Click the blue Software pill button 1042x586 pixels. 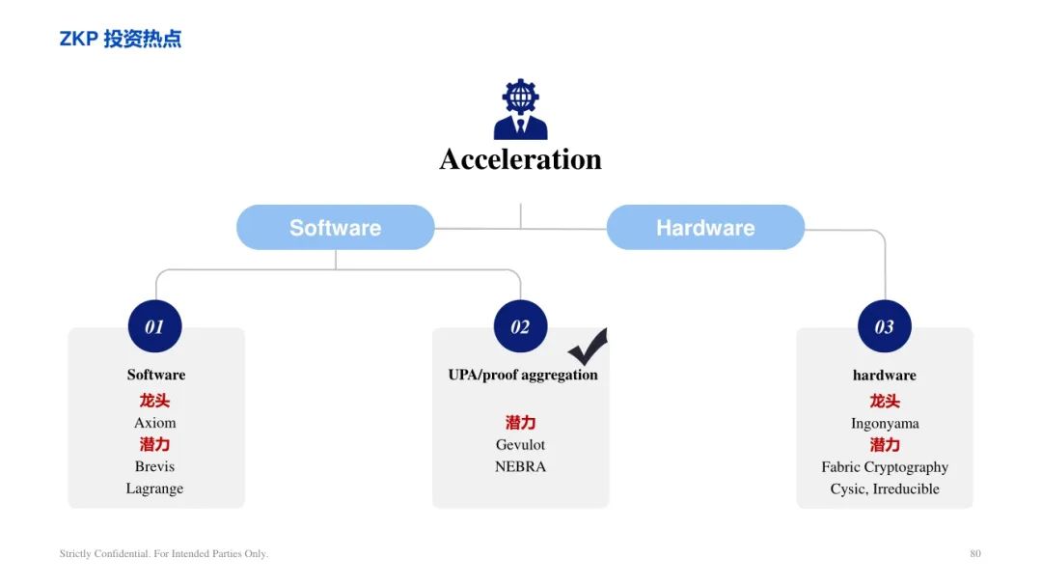click(336, 228)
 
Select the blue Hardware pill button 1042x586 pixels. click(705, 228)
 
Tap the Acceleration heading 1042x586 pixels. click(520, 159)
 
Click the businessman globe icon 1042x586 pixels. click(520, 109)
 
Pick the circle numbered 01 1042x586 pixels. click(154, 326)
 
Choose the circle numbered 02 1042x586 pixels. click(520, 326)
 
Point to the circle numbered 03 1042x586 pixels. click(885, 326)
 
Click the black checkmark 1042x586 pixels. click(588, 346)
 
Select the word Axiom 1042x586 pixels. click(154, 423)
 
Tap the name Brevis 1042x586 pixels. click(154, 466)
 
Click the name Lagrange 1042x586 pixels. click(154, 488)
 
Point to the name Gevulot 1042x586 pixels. click(520, 444)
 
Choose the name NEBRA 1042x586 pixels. click(520, 466)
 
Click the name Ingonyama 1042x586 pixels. click(885, 424)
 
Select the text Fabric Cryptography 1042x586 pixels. click(885, 467)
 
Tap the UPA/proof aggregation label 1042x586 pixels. click(523, 376)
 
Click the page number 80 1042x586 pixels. click(974, 553)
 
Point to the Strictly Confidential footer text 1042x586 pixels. click(163, 553)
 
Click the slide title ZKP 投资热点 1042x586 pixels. click(121, 39)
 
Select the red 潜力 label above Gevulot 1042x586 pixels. click(520, 423)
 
